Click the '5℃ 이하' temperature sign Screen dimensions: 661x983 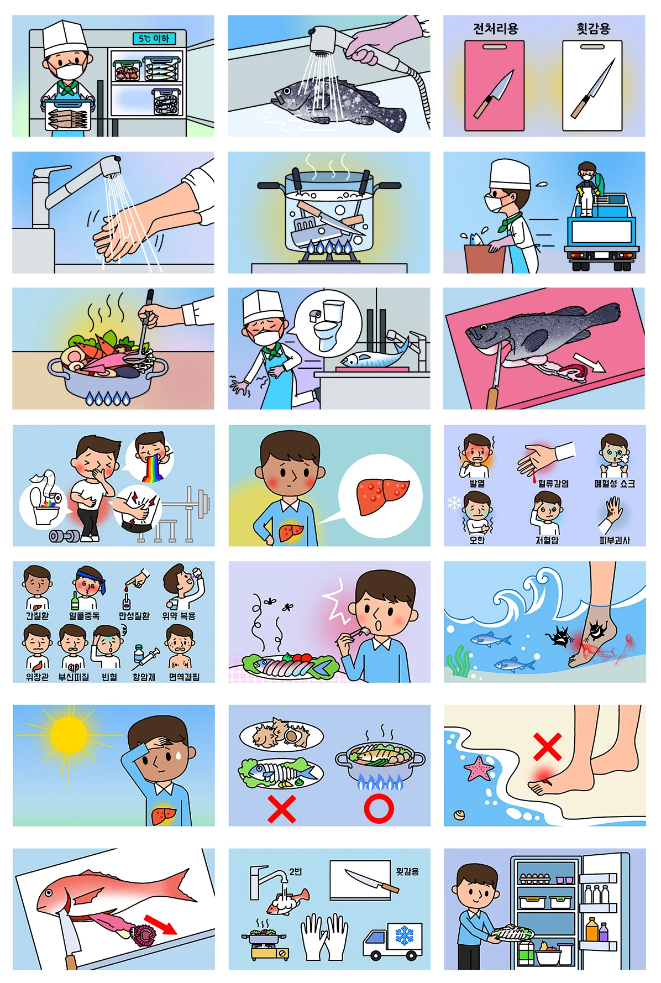[154, 38]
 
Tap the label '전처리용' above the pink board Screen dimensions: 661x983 [495, 29]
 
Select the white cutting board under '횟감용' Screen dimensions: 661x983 [592, 86]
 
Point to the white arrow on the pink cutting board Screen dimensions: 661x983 [590, 363]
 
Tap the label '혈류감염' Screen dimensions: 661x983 [553, 483]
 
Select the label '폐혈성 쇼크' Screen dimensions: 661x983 [615, 483]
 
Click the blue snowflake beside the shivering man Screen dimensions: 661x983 [454, 503]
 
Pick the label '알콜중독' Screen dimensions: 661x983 [84, 615]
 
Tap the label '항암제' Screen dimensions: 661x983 [144, 677]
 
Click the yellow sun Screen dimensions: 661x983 [69, 735]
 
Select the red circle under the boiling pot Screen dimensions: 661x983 [379, 808]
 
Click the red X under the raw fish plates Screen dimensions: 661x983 [282, 809]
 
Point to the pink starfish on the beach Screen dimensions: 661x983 [479, 768]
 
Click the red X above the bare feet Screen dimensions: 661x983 [548, 747]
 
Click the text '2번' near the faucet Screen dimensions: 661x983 [296, 871]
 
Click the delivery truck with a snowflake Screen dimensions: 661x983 [392, 941]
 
